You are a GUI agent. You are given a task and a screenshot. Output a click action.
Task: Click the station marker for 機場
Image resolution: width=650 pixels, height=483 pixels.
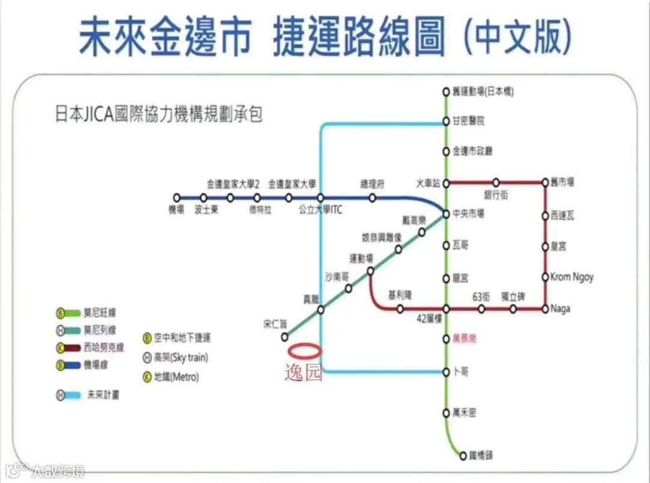[x=176, y=197]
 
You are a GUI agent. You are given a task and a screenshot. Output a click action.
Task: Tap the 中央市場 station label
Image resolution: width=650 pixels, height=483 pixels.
[x=468, y=214]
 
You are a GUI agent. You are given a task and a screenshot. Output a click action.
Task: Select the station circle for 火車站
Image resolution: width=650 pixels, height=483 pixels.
[x=446, y=182]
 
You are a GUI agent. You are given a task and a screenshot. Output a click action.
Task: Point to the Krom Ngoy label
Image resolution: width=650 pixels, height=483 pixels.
[x=572, y=277]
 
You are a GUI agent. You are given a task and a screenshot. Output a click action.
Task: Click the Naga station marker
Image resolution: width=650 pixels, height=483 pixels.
[x=545, y=309]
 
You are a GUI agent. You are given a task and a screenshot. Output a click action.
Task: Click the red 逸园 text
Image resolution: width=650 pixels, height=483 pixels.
[x=303, y=373]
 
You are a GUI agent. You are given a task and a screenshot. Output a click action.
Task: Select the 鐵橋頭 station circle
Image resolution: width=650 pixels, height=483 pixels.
[x=463, y=455]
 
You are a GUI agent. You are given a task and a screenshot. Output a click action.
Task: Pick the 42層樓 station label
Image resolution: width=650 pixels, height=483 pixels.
[x=430, y=319]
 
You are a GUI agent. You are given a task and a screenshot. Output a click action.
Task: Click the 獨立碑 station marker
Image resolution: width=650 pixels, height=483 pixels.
[x=513, y=309]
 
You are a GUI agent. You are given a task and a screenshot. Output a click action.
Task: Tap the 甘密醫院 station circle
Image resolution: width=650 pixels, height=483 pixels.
[x=446, y=121]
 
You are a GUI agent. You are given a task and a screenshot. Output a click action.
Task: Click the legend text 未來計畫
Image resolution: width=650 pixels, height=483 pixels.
[x=103, y=395]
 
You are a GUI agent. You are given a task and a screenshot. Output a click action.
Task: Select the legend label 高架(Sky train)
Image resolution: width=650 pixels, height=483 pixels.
[x=181, y=357]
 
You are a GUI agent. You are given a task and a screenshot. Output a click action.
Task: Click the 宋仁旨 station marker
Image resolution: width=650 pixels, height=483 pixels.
[x=284, y=336]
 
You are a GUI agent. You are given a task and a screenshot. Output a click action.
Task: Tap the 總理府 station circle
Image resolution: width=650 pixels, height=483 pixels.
[x=373, y=197]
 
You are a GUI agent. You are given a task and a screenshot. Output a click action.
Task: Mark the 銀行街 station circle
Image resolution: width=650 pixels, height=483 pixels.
[x=496, y=182]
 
